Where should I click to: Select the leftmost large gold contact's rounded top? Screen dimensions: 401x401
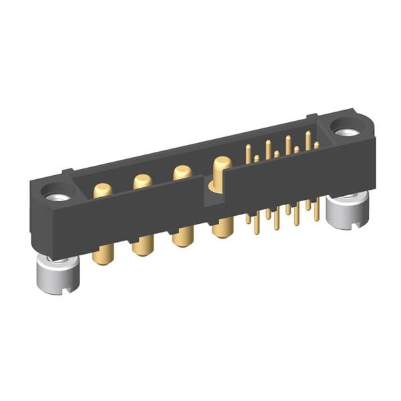[x=102, y=190]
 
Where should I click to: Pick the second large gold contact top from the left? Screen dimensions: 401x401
[x=142, y=180]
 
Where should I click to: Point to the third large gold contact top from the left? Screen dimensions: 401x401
[x=182, y=171]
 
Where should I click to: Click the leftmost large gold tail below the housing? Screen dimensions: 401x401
[x=102, y=254]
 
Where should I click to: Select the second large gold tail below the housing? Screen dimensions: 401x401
[x=142, y=245]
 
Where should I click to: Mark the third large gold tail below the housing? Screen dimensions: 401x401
[x=182, y=236]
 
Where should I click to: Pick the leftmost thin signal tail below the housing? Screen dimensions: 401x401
[x=249, y=219]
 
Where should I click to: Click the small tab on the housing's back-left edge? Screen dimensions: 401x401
[x=67, y=172]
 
